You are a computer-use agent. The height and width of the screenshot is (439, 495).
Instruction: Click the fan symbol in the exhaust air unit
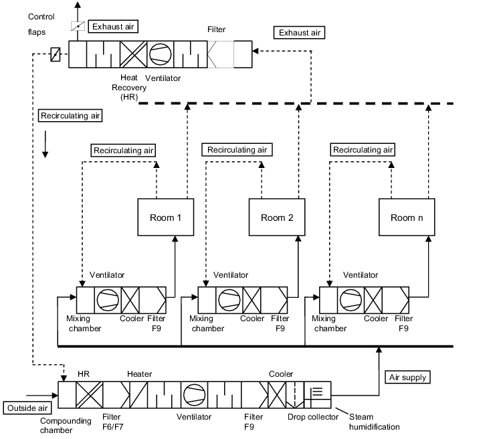click(x=161, y=54)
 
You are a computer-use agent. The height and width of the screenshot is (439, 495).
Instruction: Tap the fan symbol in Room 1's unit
click(x=108, y=300)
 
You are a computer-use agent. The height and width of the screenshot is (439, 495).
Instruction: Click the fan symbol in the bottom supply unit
click(x=194, y=395)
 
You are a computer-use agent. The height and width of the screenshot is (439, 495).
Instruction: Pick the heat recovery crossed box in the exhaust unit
click(x=134, y=54)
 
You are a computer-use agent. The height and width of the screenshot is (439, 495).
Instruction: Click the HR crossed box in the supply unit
click(x=90, y=395)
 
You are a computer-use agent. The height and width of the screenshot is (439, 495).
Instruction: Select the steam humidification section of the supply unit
click(x=317, y=395)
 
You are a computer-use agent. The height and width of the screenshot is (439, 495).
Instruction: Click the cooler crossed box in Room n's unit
click(x=373, y=300)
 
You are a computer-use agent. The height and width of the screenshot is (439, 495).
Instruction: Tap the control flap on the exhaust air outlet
click(x=78, y=26)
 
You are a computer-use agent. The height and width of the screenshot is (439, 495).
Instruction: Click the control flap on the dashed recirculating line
click(x=56, y=54)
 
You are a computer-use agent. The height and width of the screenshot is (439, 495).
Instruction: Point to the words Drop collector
click(x=313, y=417)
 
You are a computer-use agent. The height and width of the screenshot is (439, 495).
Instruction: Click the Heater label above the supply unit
click(x=140, y=374)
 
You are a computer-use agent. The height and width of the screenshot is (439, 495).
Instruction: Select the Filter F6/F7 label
click(x=112, y=422)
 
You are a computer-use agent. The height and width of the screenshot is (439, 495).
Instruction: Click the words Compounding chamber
click(x=66, y=426)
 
